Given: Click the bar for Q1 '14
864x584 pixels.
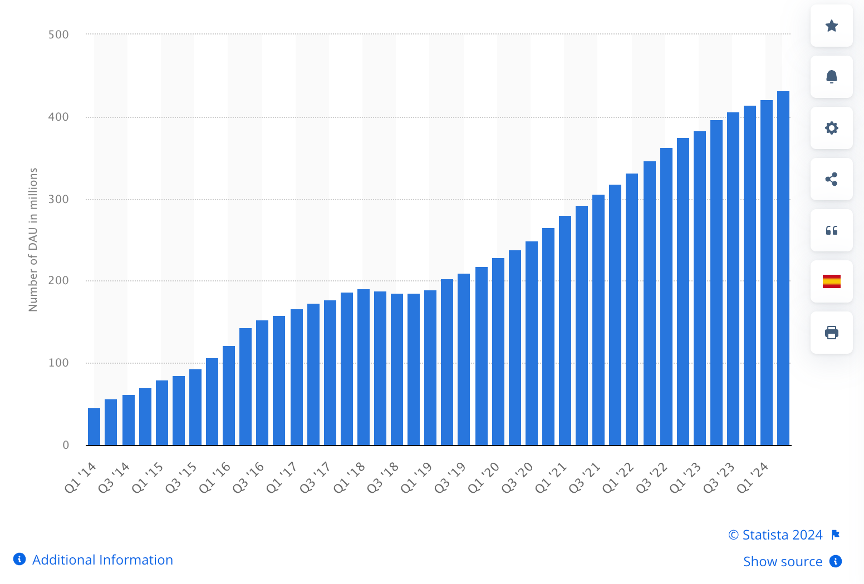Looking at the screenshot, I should click(94, 427).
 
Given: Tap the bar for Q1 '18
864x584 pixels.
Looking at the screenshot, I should click(364, 367).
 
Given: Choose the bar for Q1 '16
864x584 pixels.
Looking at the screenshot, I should click(229, 395).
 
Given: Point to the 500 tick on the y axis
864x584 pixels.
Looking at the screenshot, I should click(58, 34).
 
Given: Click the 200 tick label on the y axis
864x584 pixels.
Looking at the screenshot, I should click(58, 281).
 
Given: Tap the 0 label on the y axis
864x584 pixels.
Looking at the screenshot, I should click(66, 445).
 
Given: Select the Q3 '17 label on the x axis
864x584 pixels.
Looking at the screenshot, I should click(316, 477).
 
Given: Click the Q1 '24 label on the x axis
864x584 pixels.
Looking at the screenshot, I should click(753, 477).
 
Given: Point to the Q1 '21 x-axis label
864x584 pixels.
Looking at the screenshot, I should click(551, 477).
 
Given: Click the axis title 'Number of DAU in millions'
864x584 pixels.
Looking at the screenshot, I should click(33, 240).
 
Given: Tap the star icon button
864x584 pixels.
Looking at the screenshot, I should click(832, 26).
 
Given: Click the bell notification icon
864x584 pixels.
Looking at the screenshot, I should click(832, 77).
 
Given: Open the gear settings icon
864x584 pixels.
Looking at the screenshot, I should click(832, 128).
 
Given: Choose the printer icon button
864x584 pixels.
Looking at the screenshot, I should click(832, 333).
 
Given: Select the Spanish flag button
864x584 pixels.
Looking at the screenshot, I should click(832, 281).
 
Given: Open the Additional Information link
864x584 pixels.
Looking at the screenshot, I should click(102, 560).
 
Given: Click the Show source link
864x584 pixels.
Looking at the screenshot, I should click(783, 562).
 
